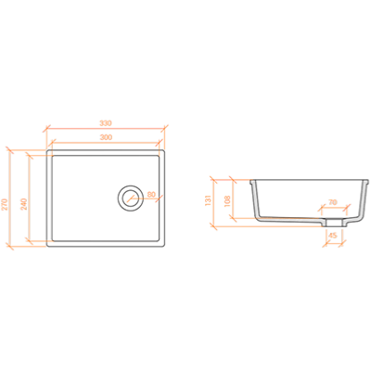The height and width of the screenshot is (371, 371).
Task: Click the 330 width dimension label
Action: [x=106, y=122]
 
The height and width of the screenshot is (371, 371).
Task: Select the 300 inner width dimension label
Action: [x=106, y=137]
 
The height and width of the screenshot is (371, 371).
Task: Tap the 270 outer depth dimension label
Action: [x=5, y=204]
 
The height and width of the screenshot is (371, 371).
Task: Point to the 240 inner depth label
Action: [x=24, y=204]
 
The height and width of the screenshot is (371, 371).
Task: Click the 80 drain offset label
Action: [x=151, y=195]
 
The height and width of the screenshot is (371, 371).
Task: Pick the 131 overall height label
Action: [x=208, y=200]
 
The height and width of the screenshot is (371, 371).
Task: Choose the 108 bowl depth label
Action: [x=226, y=201]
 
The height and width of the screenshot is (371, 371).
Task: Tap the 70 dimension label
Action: [x=333, y=202]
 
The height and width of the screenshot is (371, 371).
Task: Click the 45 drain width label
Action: [x=332, y=236]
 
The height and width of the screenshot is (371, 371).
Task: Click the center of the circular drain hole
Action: [x=131, y=198]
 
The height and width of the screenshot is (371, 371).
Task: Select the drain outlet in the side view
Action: [x=334, y=223]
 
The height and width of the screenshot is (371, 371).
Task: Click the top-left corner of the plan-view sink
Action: [x=47, y=150]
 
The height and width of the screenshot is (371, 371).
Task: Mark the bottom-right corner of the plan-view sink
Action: [x=163, y=246]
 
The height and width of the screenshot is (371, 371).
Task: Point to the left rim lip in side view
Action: [x=252, y=182]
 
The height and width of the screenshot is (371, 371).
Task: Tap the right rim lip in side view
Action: [x=366, y=182]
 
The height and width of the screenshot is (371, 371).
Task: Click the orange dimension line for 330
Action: [x=106, y=128]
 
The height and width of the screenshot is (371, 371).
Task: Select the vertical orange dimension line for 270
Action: [x=10, y=198]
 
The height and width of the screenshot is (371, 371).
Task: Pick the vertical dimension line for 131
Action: [x=213, y=202]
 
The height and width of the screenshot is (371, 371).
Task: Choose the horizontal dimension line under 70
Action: [x=335, y=208]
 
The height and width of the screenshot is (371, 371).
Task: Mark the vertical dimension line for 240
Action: [x=30, y=198]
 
